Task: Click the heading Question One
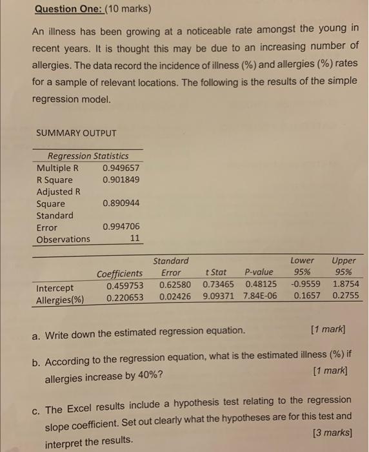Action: pos(70,10)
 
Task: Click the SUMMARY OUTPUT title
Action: pos(77,133)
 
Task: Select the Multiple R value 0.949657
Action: pos(121,168)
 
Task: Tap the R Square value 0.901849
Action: pos(121,180)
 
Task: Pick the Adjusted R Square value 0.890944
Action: pos(121,203)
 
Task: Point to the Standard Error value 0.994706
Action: pos(121,227)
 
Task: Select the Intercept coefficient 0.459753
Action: pos(125,285)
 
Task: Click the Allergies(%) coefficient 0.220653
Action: pos(125,298)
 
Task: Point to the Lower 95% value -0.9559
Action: pos(306,284)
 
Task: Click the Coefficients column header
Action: pos(120,274)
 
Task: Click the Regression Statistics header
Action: pos(88,156)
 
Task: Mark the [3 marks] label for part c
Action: pos(331,431)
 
